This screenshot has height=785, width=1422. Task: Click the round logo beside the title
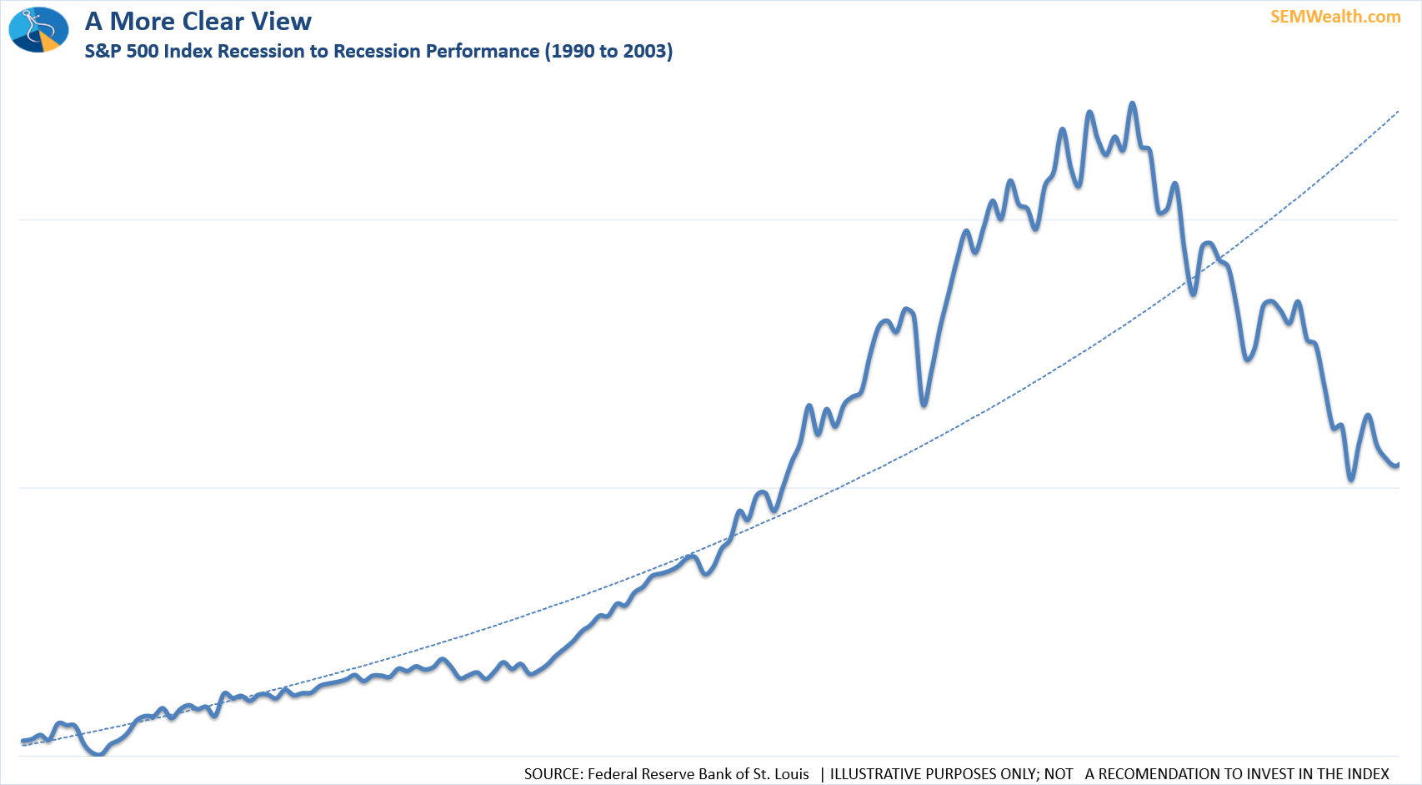coord(38,29)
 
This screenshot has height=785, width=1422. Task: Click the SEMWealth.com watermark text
coord(1334,17)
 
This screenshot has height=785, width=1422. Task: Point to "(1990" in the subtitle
coord(569,52)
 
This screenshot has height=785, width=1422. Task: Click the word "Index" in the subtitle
coord(188,52)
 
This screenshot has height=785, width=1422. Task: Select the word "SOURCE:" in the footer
coord(553,774)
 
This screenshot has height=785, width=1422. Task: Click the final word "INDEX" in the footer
coord(1368,774)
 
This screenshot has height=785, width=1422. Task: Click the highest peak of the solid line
coord(1132,103)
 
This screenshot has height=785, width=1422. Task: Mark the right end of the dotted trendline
coord(1398,111)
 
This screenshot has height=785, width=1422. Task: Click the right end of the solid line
coord(1398,465)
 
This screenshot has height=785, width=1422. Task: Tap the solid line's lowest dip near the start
coord(98,754)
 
